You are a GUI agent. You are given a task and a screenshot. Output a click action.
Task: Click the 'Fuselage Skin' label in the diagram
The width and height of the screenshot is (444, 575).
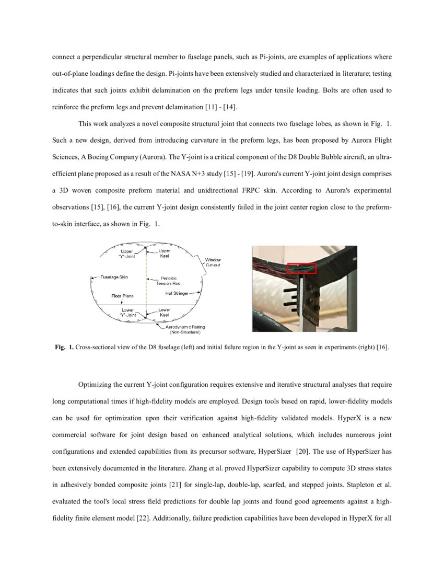(x=114, y=277)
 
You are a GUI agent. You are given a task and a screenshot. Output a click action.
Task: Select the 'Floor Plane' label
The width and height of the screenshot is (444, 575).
(x=122, y=296)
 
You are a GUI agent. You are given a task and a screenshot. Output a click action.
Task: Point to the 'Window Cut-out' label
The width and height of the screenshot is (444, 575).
(x=213, y=262)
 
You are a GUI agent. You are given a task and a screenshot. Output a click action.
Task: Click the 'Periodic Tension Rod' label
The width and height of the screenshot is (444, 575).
(x=168, y=280)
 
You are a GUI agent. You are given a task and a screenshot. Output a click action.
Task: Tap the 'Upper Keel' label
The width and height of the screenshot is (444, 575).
(x=164, y=254)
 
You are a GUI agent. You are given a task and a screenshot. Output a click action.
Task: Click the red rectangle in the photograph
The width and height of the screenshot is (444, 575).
(x=302, y=268)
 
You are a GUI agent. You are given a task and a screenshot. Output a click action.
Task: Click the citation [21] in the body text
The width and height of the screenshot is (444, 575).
(x=176, y=484)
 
